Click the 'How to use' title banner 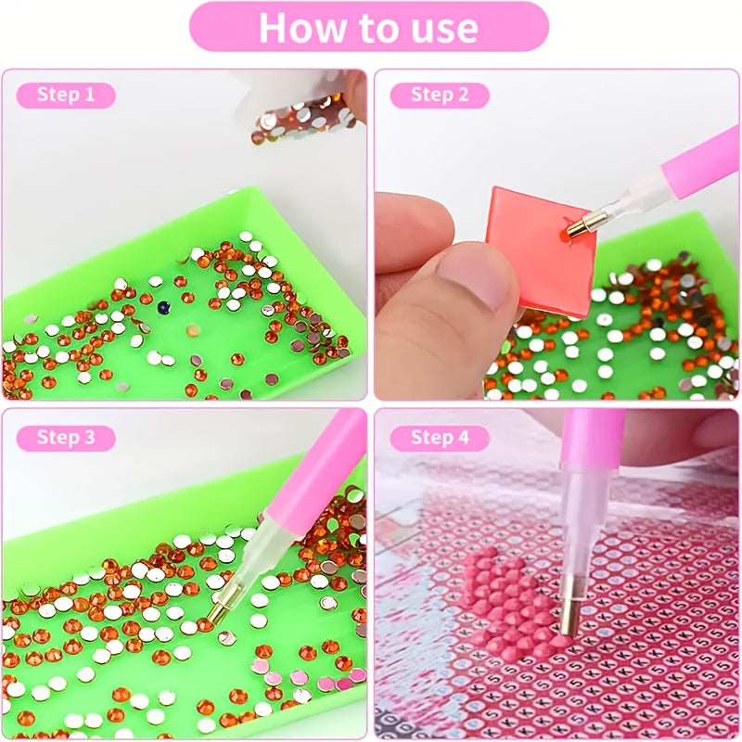(x=369, y=27)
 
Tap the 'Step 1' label (x=66, y=96)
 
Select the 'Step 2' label (x=440, y=96)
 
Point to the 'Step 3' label (x=66, y=438)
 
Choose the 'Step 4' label (x=440, y=438)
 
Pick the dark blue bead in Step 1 (x=164, y=307)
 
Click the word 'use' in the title (x=444, y=29)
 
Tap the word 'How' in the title (x=302, y=28)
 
